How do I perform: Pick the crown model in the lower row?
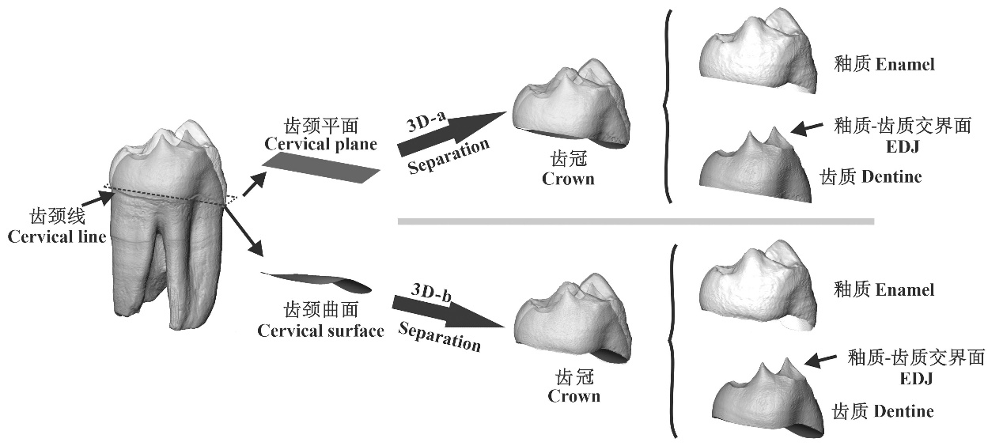570,320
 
